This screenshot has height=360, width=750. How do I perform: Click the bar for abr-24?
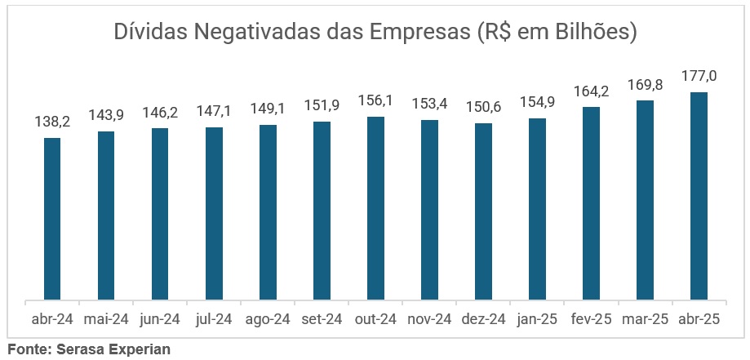[52, 219]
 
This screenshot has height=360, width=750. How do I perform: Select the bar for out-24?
[375, 208]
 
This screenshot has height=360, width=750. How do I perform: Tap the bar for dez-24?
[483, 211]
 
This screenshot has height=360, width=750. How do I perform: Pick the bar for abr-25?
[699, 196]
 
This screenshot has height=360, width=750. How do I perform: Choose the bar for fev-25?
[591, 203]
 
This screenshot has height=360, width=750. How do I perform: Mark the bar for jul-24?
[214, 214]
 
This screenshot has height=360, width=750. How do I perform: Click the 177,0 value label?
[699, 76]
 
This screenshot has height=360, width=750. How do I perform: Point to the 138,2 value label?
[52, 122]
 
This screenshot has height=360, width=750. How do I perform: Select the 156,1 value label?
[375, 100]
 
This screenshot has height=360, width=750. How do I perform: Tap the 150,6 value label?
[483, 107]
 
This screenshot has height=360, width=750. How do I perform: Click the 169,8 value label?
[645, 84]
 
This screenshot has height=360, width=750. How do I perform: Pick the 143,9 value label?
[106, 115]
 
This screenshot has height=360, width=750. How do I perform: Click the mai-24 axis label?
[106, 320]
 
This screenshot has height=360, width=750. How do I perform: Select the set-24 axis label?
[322, 320]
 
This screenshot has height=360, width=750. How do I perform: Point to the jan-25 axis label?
[537, 320]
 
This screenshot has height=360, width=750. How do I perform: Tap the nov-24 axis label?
[429, 320]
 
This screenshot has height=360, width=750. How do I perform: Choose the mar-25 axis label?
[645, 320]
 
